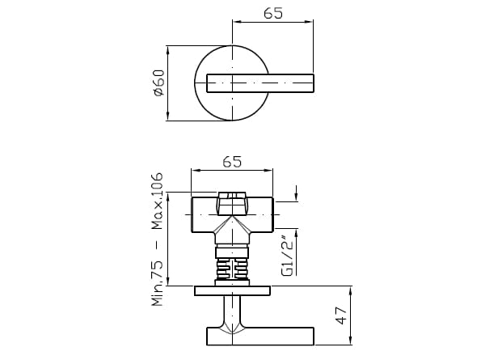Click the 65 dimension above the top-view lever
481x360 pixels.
click(x=272, y=14)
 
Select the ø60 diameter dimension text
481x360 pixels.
click(x=158, y=83)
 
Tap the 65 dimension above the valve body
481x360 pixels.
click(x=232, y=162)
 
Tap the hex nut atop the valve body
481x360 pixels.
click(x=232, y=197)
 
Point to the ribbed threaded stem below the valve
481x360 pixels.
click(x=232, y=267)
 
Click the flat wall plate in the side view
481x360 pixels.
click(x=232, y=290)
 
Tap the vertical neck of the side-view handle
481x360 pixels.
click(x=232, y=311)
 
